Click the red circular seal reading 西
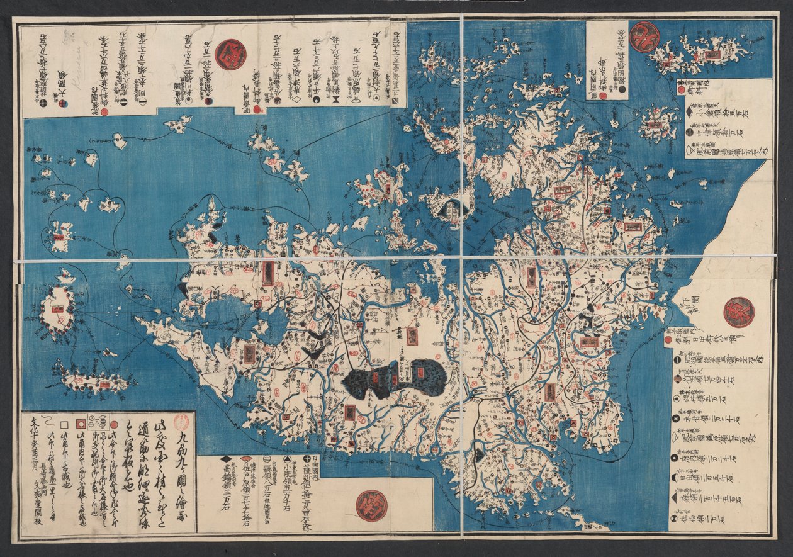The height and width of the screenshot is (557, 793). (230, 54)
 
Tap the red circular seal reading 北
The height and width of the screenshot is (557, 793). (644, 37)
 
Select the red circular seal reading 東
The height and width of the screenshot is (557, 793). (739, 312)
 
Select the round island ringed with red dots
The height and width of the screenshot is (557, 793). (57, 310)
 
